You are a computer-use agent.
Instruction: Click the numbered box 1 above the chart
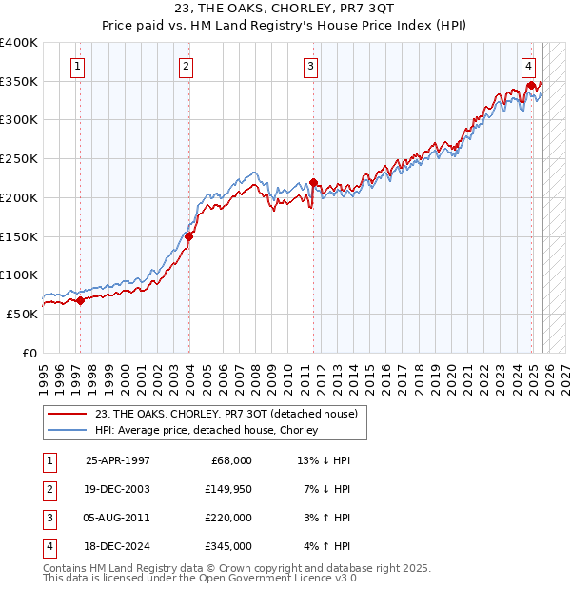pyautogui.click(x=77, y=67)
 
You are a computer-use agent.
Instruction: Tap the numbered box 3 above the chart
pyautogui.click(x=310, y=67)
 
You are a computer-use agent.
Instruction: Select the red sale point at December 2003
pyautogui.click(x=188, y=236)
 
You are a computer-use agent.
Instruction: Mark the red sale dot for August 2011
pyautogui.click(x=313, y=182)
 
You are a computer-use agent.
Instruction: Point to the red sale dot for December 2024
pyautogui.click(x=530, y=86)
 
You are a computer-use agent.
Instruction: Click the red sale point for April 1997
pyautogui.click(x=80, y=300)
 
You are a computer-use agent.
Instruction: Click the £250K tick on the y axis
pyautogui.click(x=19, y=159)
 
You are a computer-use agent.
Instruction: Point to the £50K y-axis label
pyautogui.click(x=23, y=314)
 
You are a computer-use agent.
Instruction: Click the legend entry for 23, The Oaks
pyautogui.click(x=226, y=414)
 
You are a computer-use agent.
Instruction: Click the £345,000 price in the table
pyautogui.click(x=228, y=546)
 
